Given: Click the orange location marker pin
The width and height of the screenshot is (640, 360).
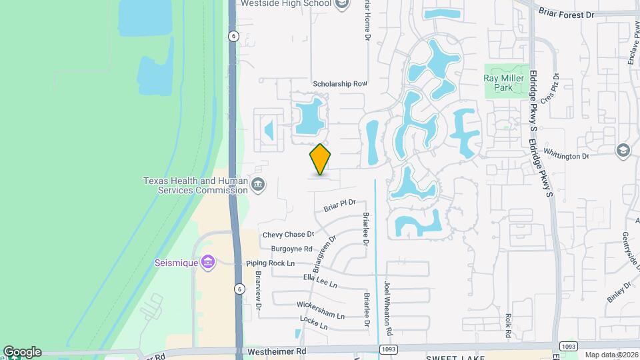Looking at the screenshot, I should point(320,159).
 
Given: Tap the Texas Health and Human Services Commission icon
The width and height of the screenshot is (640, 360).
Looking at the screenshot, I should point(257,184).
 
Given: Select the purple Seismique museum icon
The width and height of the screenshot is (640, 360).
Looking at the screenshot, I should point(208,262).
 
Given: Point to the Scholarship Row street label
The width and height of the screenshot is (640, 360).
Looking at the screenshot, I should point(340,84).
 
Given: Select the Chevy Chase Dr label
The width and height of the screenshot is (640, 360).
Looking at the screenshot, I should point(287,235).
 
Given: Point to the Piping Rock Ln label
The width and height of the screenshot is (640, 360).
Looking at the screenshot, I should point(270,264).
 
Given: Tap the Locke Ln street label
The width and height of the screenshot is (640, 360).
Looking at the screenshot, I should point(313,323).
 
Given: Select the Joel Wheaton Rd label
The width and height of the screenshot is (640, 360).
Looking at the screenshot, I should point(387,309).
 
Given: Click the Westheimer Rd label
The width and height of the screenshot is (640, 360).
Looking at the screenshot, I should point(276,351).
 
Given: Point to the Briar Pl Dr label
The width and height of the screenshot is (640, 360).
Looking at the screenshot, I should point(340,204).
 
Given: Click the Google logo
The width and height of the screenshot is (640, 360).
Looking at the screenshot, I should point(21,352).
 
